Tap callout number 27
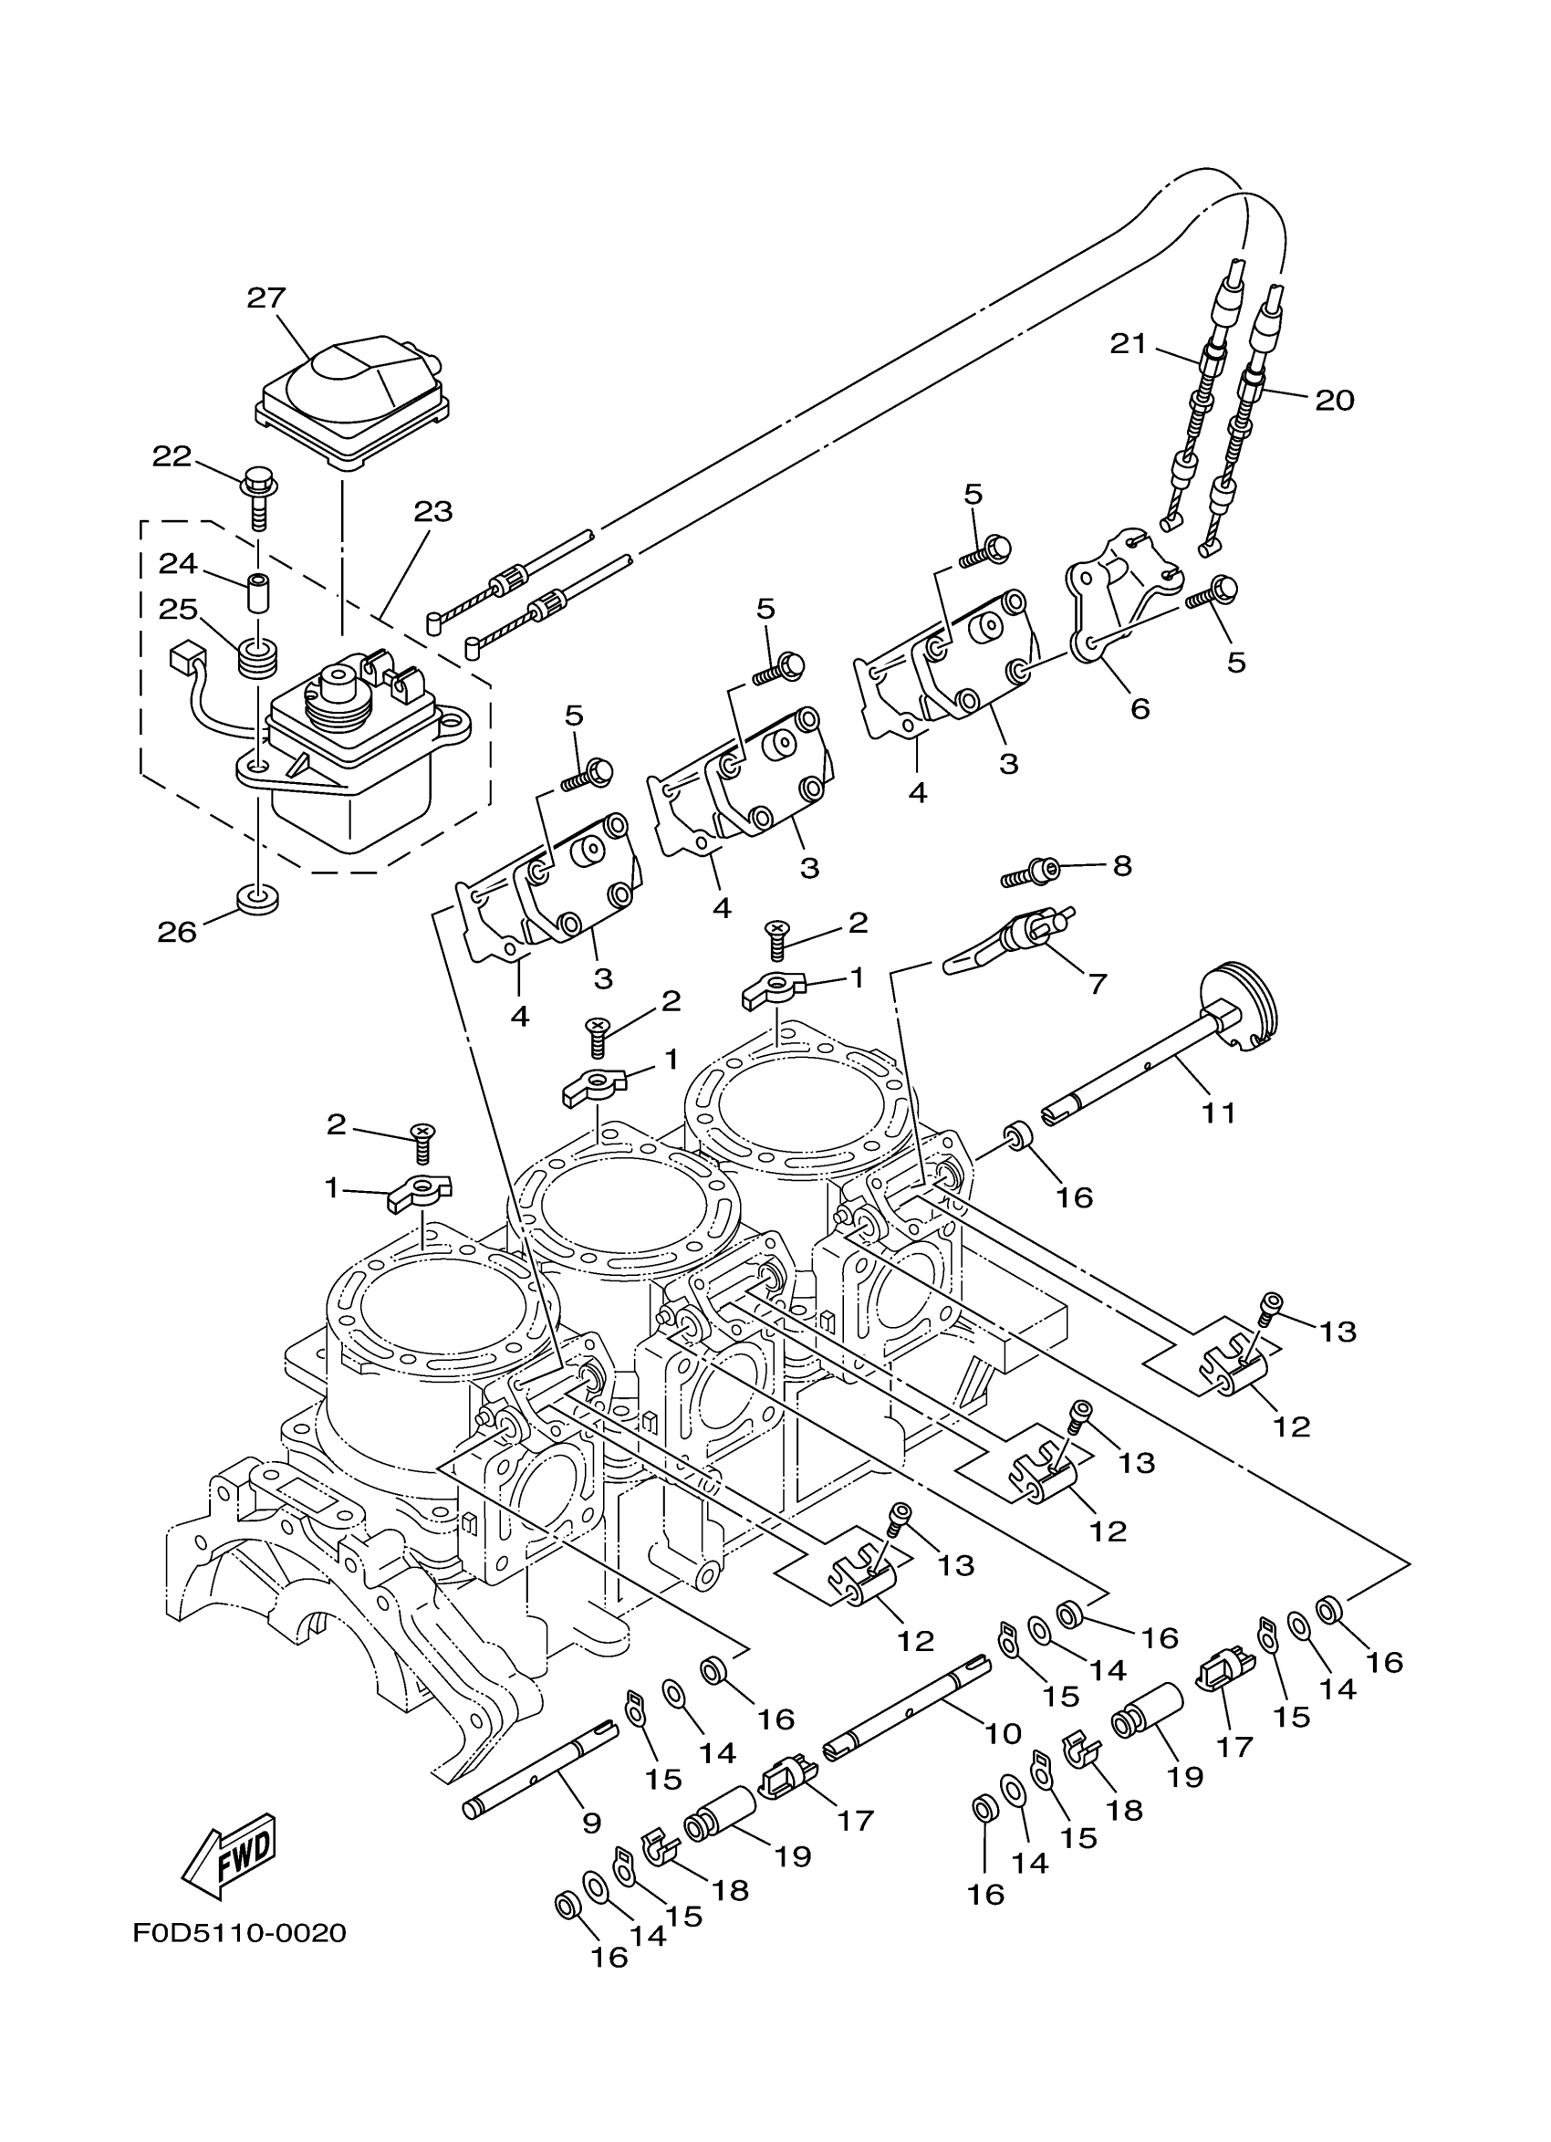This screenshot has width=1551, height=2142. point(266,298)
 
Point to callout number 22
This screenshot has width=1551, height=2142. point(172,457)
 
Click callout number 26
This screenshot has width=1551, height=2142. point(176,932)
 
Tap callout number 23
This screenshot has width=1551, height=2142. point(433,512)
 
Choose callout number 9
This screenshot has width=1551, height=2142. point(592,1822)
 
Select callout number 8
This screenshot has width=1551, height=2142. point(1121,865)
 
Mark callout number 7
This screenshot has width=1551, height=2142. point(1097,984)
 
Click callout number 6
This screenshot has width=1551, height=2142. point(1140,708)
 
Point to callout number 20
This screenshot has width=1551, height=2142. point(1335,401)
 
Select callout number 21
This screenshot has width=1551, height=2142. point(1127,345)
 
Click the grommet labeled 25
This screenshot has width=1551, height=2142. point(257,657)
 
